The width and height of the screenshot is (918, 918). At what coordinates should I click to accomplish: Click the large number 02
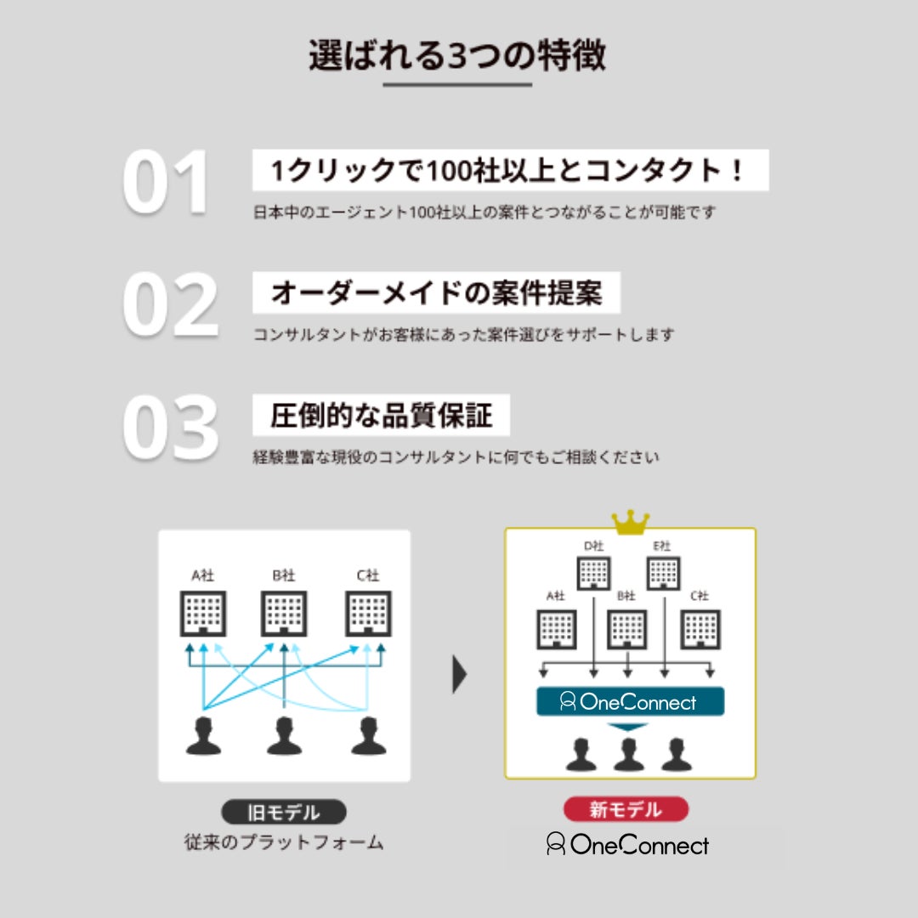(x=170, y=304)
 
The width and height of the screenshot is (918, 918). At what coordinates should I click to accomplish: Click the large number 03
(x=170, y=427)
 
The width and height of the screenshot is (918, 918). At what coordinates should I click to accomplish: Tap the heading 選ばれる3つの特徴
(x=457, y=55)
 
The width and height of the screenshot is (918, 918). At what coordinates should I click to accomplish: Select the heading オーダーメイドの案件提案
(x=436, y=293)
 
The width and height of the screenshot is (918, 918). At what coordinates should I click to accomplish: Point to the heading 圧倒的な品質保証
(x=382, y=416)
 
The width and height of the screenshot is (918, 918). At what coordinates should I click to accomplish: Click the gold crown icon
(x=630, y=521)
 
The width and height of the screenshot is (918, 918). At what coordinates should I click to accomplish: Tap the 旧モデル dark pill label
(x=284, y=812)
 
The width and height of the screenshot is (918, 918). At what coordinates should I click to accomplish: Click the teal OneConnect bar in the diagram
(x=630, y=701)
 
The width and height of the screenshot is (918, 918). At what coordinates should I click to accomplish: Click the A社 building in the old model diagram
(x=202, y=613)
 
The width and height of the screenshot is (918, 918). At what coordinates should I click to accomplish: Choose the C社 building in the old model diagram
(x=367, y=613)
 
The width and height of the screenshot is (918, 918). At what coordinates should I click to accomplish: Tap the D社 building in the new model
(x=593, y=572)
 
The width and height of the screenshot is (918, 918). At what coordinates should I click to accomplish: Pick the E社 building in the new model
(x=662, y=572)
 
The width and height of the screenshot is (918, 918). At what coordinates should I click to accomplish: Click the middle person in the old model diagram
(x=284, y=735)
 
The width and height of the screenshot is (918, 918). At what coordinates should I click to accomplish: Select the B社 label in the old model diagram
(x=284, y=575)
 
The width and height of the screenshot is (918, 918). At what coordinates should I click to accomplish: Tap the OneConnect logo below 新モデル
(x=627, y=845)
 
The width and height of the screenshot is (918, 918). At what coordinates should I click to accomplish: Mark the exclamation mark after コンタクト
(x=737, y=171)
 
